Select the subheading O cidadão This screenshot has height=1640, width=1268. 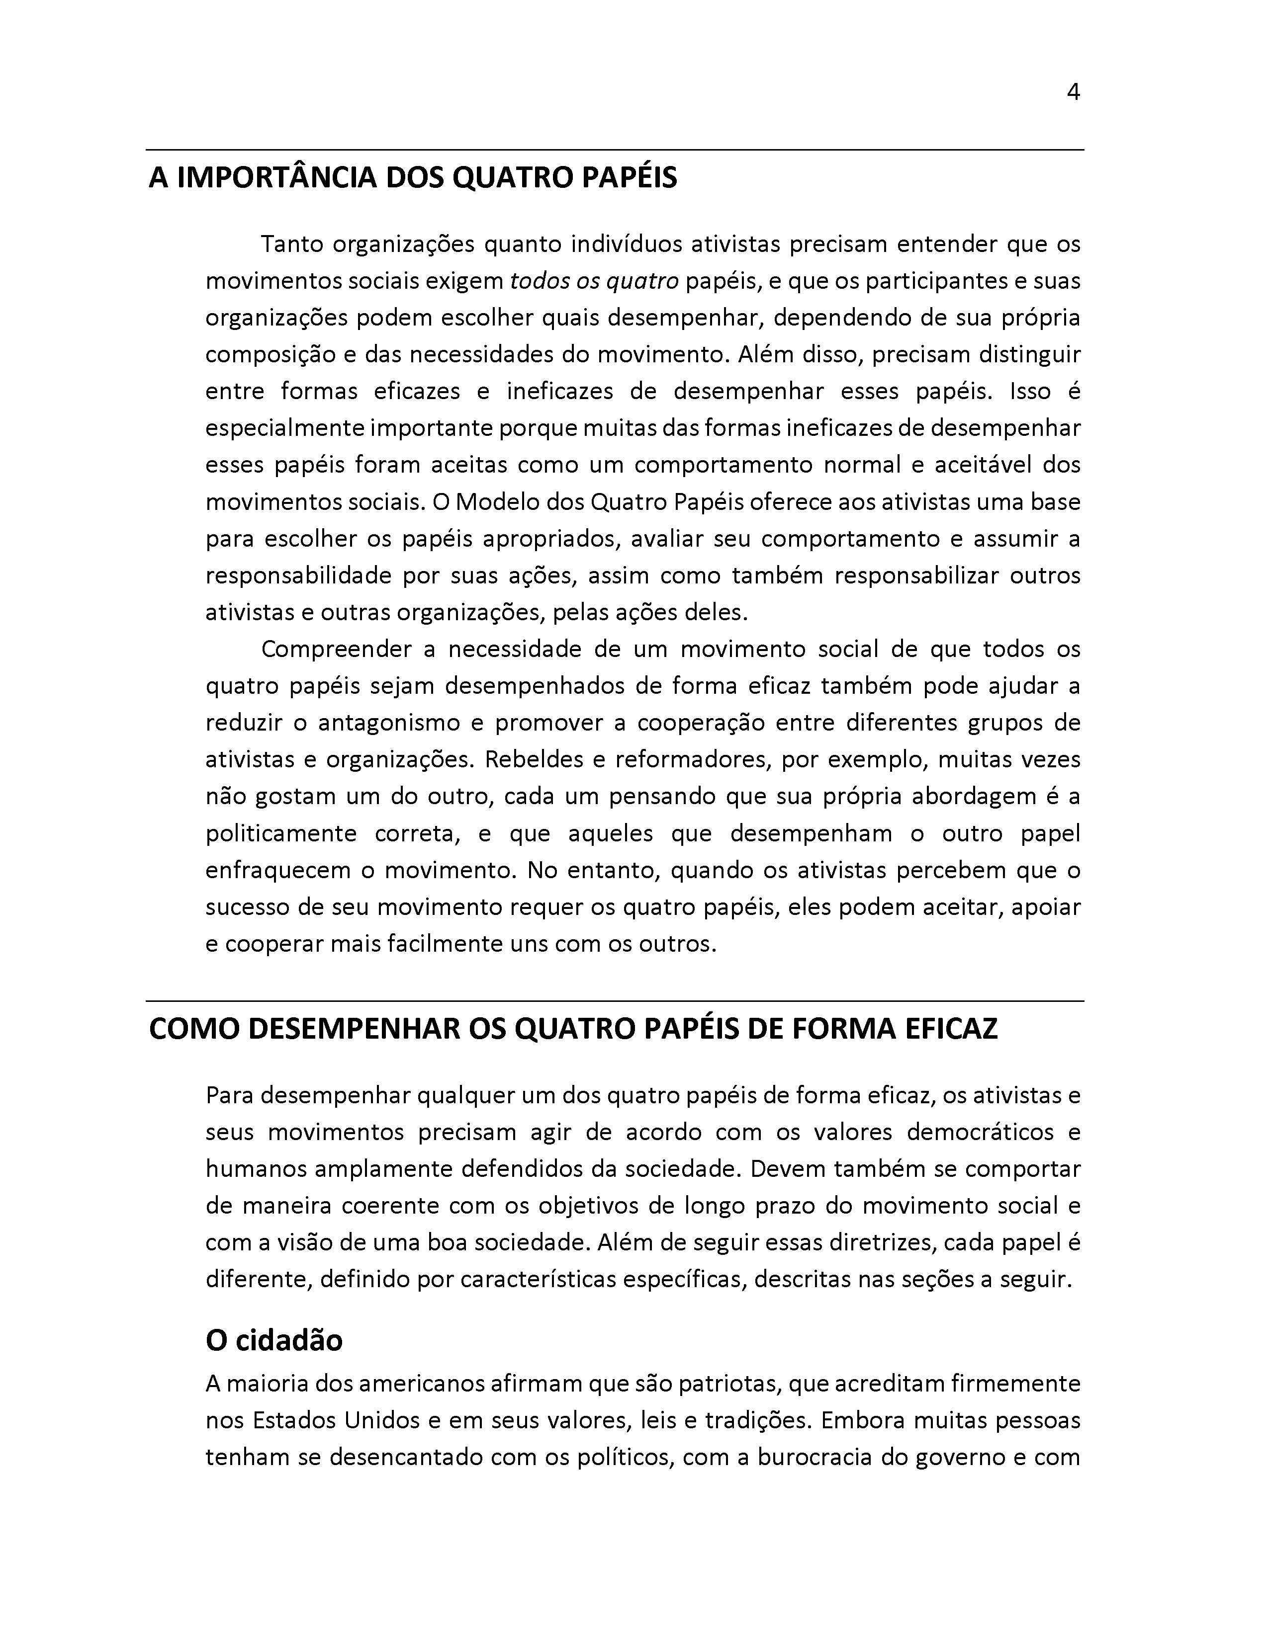274,1340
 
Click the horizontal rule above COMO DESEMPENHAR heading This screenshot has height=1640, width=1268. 615,1001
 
